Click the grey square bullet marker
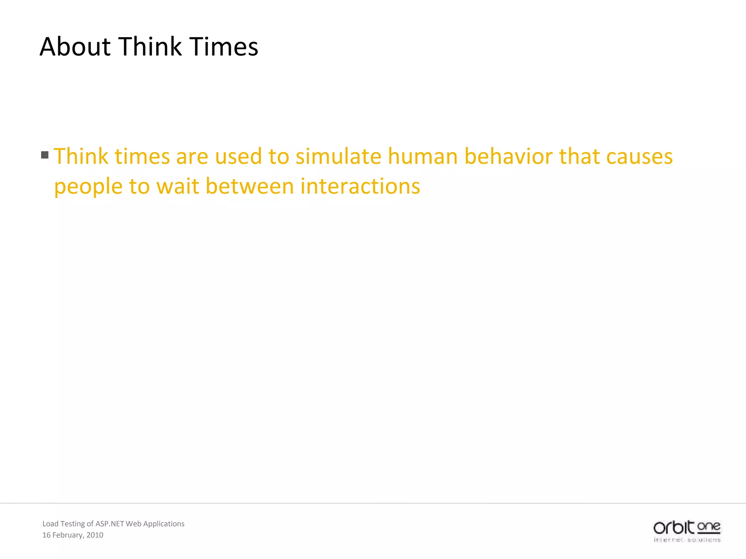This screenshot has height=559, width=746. tap(45, 155)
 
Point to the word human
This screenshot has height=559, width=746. tap(423, 156)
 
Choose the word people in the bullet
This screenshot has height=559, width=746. tap(88, 187)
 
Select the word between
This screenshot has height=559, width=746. tap(250, 186)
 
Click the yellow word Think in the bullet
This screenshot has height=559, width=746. tap(81, 156)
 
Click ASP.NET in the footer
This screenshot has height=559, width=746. tap(110, 524)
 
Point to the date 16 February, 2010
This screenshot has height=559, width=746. tap(73, 535)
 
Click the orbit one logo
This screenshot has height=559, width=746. tap(687, 527)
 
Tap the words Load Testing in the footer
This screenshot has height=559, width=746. tap(63, 524)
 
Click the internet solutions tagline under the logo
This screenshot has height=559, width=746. tap(687, 540)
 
